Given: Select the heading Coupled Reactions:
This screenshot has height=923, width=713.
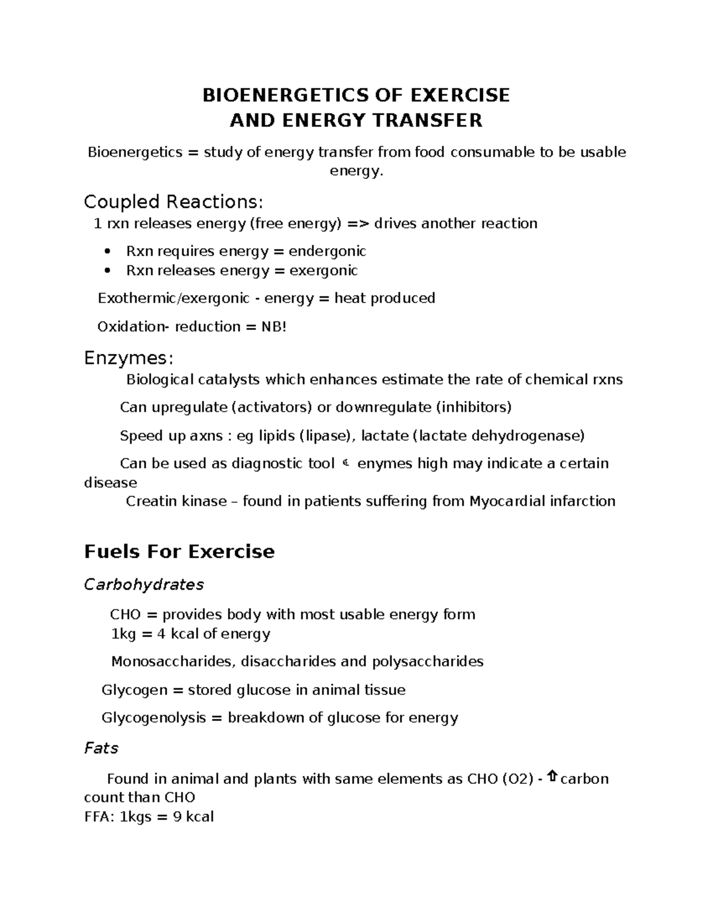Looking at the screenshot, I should point(173,202).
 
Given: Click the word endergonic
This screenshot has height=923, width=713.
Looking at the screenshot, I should point(327,251).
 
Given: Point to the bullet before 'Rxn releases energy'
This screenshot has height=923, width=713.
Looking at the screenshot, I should point(108,270).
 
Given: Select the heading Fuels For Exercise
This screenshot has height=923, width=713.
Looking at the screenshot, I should point(179,552).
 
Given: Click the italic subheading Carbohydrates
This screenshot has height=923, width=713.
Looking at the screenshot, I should point(144,585).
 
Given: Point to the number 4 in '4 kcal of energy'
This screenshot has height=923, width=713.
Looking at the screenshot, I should point(161,634).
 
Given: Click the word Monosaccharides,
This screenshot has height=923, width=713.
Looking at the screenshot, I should point(173,661).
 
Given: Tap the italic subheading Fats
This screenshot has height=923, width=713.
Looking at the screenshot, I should point(102,748).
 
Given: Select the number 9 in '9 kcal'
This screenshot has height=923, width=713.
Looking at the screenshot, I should point(177,817).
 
